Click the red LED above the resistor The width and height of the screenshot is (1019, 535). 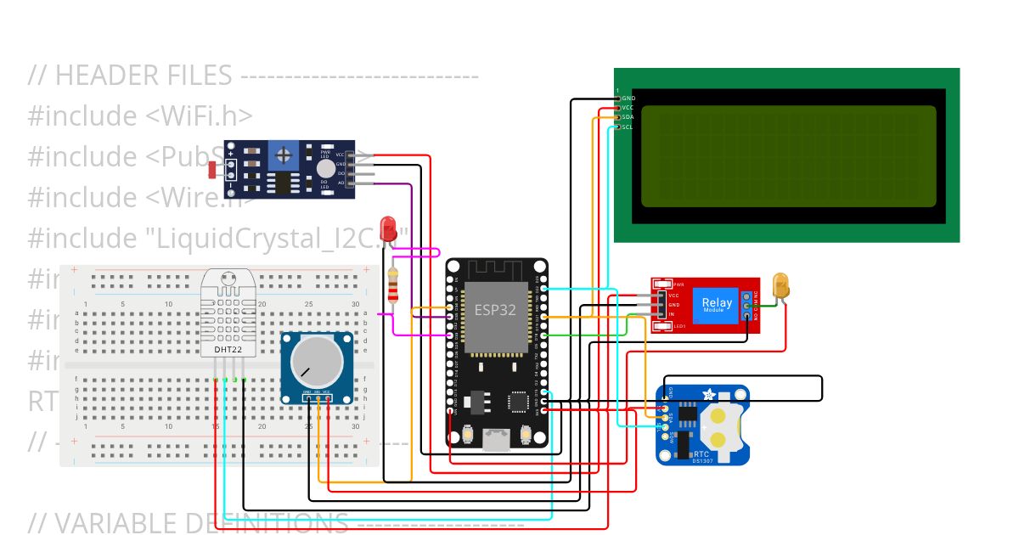click(388, 228)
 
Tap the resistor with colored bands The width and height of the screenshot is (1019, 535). click(392, 285)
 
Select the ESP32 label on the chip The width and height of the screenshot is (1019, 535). click(495, 310)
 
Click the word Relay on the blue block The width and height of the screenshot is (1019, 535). click(716, 301)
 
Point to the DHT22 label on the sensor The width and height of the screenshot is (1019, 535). click(226, 349)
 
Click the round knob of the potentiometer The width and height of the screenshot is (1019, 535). click(316, 361)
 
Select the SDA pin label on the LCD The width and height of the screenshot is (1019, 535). click(628, 117)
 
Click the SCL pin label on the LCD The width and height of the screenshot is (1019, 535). click(628, 127)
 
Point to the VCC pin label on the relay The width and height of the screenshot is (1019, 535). click(673, 295)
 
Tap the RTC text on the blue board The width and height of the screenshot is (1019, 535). click(678, 454)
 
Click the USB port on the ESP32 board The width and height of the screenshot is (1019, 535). click(497, 438)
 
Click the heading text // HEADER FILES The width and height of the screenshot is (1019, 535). click(130, 76)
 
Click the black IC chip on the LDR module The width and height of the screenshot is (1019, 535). click(280, 183)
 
